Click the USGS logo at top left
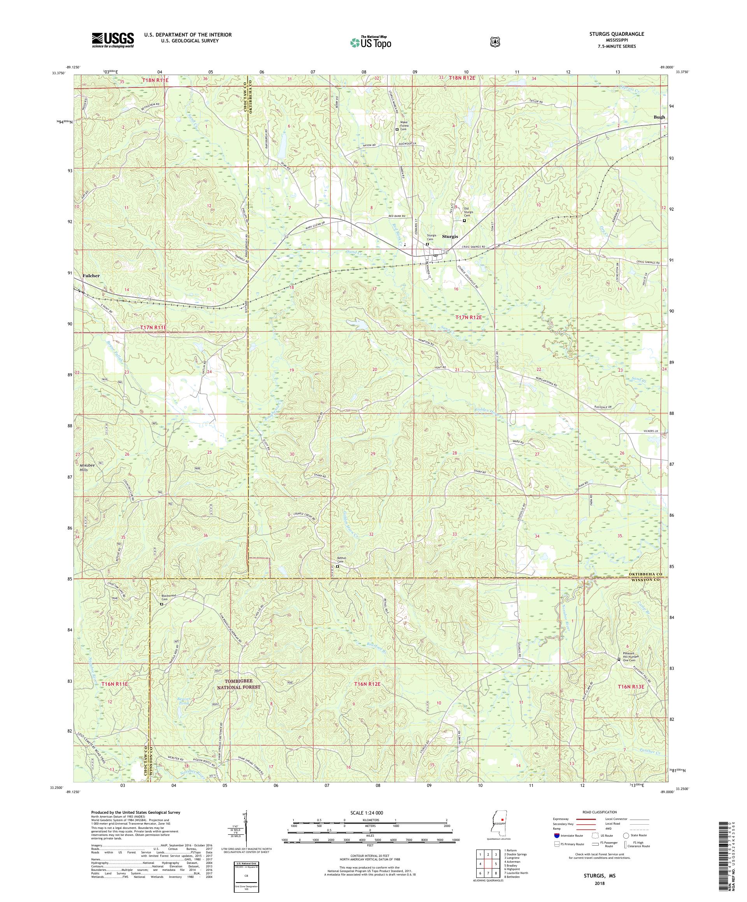coord(112,40)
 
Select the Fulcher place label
coord(91,276)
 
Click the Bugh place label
coord(658,117)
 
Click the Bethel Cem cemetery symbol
coord(337,566)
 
